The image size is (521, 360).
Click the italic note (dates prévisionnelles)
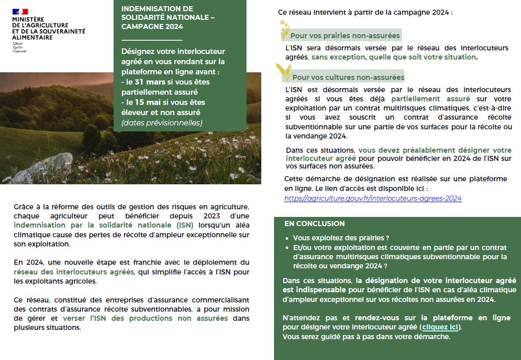coord(161,122)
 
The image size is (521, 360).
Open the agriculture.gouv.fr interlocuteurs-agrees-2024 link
coord(373,198)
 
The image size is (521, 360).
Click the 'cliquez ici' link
coord(441,327)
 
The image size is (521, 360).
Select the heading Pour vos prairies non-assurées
coord(345,36)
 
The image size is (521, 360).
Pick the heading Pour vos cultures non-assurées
coord(348,77)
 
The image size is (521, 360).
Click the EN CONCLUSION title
coord(314,224)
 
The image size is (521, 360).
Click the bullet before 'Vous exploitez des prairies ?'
coord(288,238)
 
